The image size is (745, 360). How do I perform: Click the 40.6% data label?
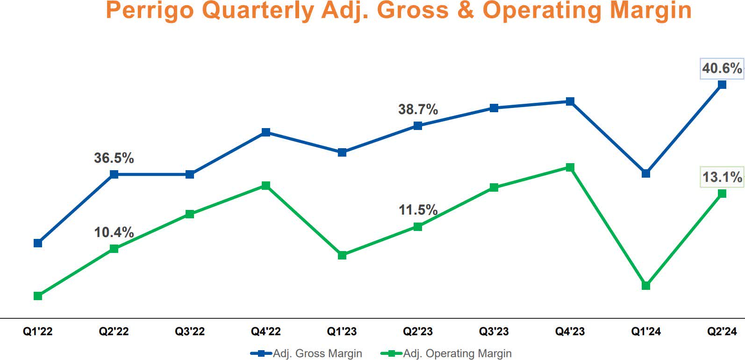[x=722, y=68]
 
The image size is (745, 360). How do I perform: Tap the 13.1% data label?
[x=722, y=177]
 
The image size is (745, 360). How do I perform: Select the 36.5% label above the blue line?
[x=114, y=158]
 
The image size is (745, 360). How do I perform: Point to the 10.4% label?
[x=114, y=232]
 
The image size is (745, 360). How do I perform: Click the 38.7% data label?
[x=418, y=109]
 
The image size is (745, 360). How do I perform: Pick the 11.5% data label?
[x=418, y=210]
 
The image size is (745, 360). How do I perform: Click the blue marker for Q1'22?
[x=38, y=243]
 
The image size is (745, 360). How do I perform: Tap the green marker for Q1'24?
[x=646, y=286]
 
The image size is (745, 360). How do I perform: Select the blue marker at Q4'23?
[x=570, y=101]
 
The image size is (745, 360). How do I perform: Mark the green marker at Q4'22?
[x=266, y=186]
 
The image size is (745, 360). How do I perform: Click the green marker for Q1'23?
[x=342, y=255]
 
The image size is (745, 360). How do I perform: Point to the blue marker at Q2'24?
[x=722, y=85]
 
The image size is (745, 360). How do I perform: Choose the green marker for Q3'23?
[x=494, y=187]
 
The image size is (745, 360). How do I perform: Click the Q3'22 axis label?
[x=190, y=331]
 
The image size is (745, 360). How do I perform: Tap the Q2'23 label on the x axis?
[x=418, y=331]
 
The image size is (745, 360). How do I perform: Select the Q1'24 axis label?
[x=646, y=331]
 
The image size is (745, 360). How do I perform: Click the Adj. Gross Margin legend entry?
[x=317, y=353]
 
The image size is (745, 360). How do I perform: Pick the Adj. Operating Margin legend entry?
[x=457, y=353]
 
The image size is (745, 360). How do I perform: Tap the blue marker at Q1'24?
[x=646, y=173]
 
